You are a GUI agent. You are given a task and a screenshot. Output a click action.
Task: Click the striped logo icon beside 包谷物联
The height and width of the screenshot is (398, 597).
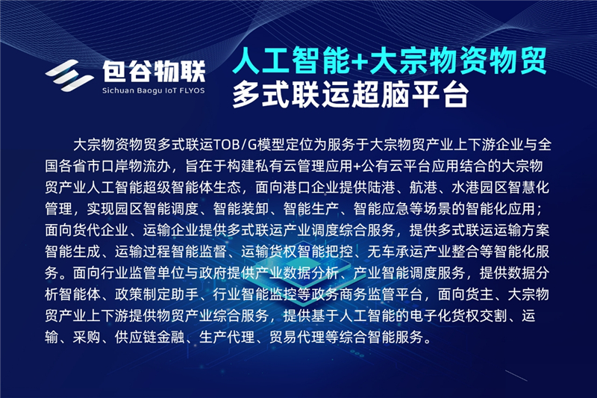pyautogui.click(x=69, y=75)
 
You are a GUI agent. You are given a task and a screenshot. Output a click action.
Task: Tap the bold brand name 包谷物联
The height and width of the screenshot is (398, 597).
pyautogui.click(x=154, y=71)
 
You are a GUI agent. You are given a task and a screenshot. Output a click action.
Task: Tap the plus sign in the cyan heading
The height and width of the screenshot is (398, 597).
pyautogui.click(x=359, y=62)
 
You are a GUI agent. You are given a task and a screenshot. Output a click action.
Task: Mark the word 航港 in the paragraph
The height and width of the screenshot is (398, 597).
pyautogui.click(x=423, y=187)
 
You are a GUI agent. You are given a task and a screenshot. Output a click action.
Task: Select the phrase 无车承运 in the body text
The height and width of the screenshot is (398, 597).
pyautogui.click(x=396, y=252)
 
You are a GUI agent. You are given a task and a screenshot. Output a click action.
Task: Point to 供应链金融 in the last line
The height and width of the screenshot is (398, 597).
pyautogui.click(x=150, y=337)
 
